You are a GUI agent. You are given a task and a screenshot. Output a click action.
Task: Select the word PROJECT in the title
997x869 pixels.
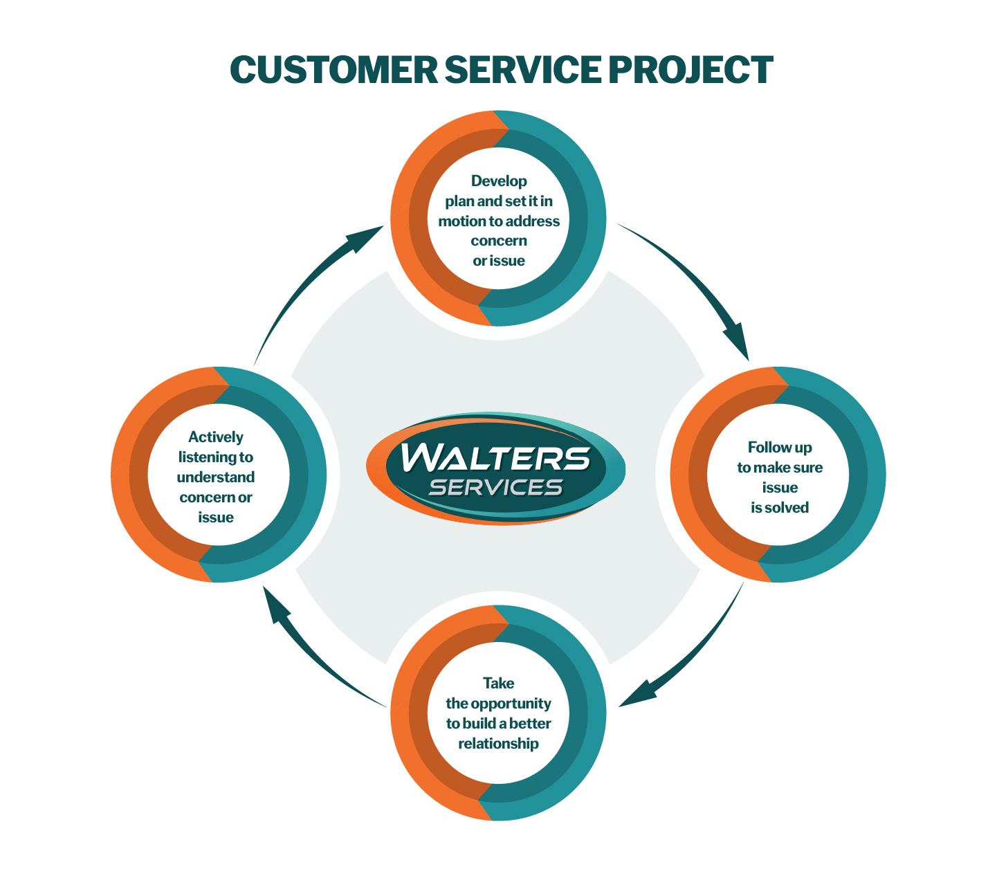click(x=691, y=70)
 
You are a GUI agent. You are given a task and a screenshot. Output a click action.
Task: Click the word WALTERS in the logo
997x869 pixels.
click(x=495, y=458)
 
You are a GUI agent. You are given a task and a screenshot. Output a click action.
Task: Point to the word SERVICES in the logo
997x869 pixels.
click(x=495, y=487)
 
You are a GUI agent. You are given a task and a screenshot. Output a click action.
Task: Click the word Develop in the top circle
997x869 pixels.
click(x=499, y=181)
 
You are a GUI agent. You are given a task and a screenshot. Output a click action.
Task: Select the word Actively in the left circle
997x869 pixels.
click(x=216, y=437)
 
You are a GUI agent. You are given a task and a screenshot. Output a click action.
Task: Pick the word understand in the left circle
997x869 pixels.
click(x=216, y=477)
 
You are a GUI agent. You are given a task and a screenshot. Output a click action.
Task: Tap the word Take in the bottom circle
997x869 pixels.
click(x=499, y=684)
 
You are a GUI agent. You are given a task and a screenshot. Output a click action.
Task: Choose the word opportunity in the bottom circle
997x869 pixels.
click(x=511, y=704)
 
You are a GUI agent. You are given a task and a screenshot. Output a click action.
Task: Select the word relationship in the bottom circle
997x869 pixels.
click(x=499, y=744)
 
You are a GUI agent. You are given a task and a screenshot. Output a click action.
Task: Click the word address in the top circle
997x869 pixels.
click(x=533, y=221)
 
